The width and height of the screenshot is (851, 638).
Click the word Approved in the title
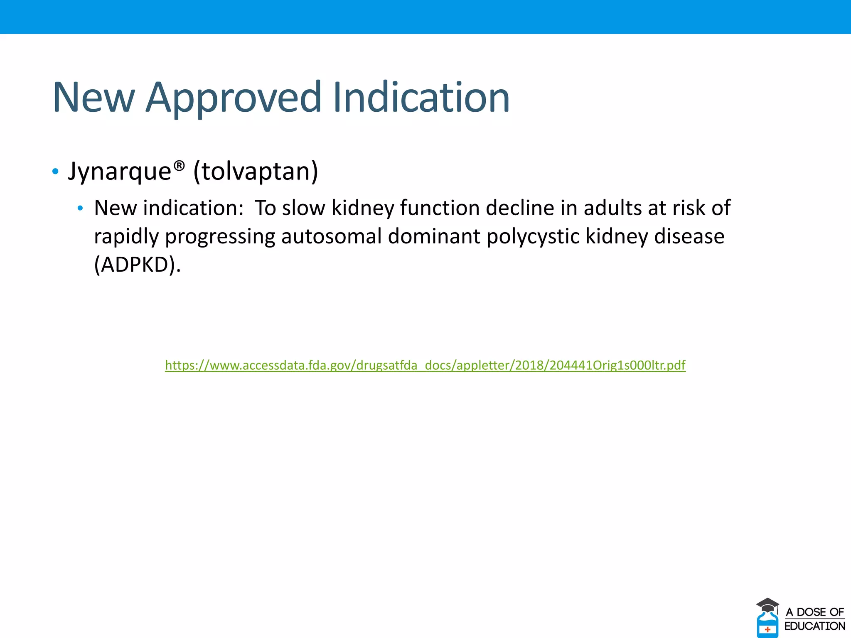234,98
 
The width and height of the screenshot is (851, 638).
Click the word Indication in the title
421,98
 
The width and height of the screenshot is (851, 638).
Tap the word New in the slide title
94,98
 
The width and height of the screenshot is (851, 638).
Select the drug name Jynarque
120,171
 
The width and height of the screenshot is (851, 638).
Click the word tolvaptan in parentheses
256,171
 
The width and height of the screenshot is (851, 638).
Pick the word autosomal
331,236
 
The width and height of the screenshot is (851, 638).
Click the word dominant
434,236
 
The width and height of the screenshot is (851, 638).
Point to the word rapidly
126,236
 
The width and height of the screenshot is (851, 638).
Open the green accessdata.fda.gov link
425,365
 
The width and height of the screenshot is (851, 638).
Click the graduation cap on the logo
767,604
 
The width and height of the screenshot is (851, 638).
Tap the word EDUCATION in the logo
814,626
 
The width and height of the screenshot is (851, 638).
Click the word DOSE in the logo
811,612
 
